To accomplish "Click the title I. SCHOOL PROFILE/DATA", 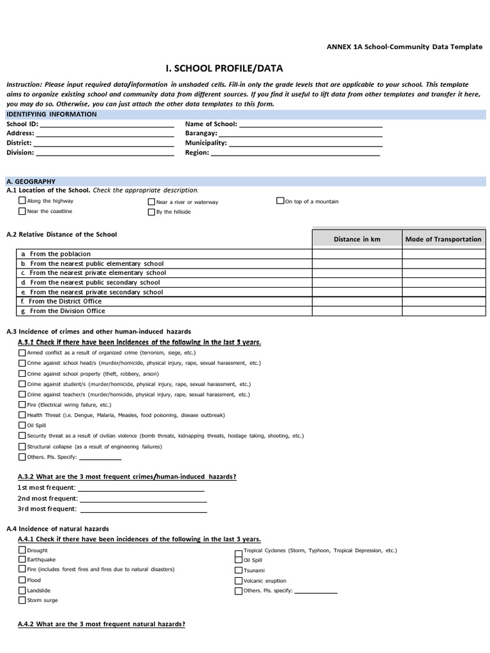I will coord(223,68).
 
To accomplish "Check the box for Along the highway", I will coord(22,201).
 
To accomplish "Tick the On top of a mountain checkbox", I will coord(280,201).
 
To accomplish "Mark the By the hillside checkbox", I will coord(151,212).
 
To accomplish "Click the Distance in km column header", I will coord(357,239).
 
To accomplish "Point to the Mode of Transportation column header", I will coord(443,239).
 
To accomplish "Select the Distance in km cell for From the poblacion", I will coord(357,254).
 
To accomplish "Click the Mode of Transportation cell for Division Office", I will coord(443,311).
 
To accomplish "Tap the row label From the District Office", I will coord(65,302).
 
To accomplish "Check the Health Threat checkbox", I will coord(22,415).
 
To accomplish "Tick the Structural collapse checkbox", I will coord(22,446).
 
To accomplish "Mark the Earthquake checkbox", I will coord(22,559).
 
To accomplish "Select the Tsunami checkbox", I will coord(239,571).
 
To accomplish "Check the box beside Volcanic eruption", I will coord(239,581).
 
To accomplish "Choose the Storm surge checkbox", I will coord(22,600).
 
